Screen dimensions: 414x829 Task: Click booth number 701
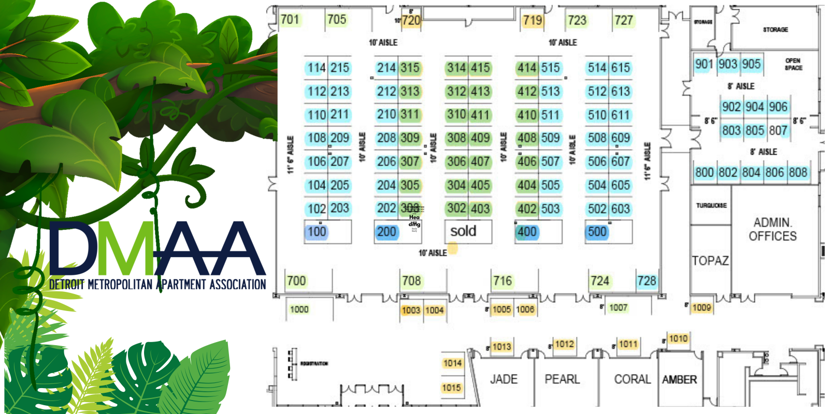coord(290,20)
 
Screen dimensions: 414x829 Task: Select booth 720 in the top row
coord(411,21)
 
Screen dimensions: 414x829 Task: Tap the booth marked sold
coord(463,231)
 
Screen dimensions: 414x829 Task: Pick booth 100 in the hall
coord(317,232)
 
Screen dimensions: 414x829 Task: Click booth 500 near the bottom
coord(597,232)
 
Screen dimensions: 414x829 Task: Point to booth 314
coord(456,68)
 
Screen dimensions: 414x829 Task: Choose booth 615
coord(620,68)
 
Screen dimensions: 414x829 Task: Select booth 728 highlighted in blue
coord(647,281)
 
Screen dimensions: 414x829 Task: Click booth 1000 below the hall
coord(299,309)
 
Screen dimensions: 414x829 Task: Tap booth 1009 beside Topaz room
coord(702,308)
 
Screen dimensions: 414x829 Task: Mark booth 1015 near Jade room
coord(451,388)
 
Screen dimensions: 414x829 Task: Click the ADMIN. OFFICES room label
coord(773,229)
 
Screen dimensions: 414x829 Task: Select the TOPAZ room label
coord(710,261)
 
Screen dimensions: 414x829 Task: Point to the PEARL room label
coord(562,379)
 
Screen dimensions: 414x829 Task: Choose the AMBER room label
coord(679,380)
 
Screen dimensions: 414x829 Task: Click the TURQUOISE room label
coord(711,205)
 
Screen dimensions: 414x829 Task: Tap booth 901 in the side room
coord(704,64)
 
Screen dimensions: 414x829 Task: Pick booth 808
coord(798,172)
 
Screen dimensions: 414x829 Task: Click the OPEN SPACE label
coord(793,64)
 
